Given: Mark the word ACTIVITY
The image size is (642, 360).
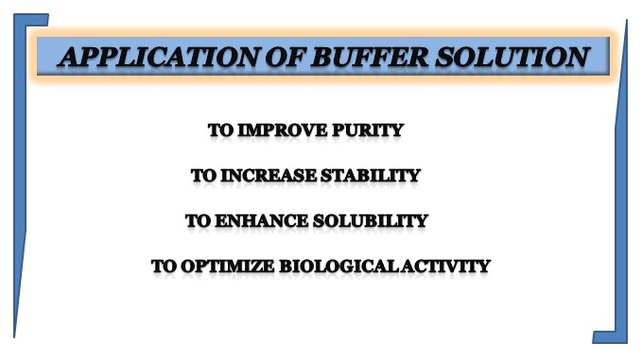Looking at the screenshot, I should pos(448,266).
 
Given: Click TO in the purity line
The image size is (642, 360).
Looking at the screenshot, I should pos(221,130).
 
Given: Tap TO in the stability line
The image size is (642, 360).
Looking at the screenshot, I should pos(203,176).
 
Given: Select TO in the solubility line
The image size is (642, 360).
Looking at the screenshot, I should pos(198,221).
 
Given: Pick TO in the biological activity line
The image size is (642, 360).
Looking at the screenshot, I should pos(164,266).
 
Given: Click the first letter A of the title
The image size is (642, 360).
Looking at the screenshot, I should pos(71,57).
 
